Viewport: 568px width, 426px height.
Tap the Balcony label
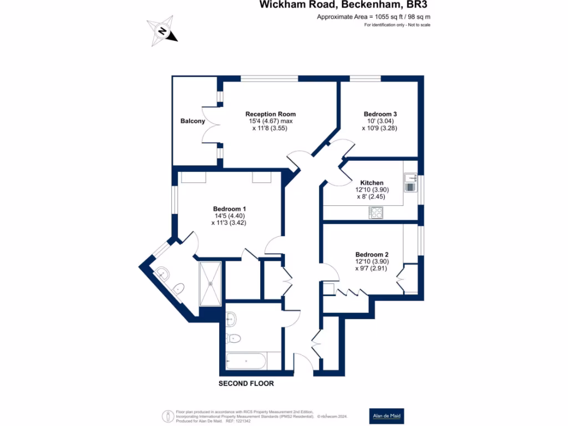(192, 121)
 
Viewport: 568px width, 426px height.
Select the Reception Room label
(270, 114)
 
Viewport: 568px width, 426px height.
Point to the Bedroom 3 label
(380, 114)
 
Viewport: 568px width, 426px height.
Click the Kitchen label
(372, 182)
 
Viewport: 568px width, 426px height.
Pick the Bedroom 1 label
(229, 209)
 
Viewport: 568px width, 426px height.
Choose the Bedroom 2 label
(372, 255)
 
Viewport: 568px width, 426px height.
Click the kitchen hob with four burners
(376, 212)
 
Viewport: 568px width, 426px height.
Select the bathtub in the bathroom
(246, 361)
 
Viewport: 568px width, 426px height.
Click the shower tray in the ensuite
(211, 283)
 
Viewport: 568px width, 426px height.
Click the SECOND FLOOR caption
(246, 383)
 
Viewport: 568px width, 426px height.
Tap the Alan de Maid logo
(387, 415)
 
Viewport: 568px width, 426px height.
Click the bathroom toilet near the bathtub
(233, 337)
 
